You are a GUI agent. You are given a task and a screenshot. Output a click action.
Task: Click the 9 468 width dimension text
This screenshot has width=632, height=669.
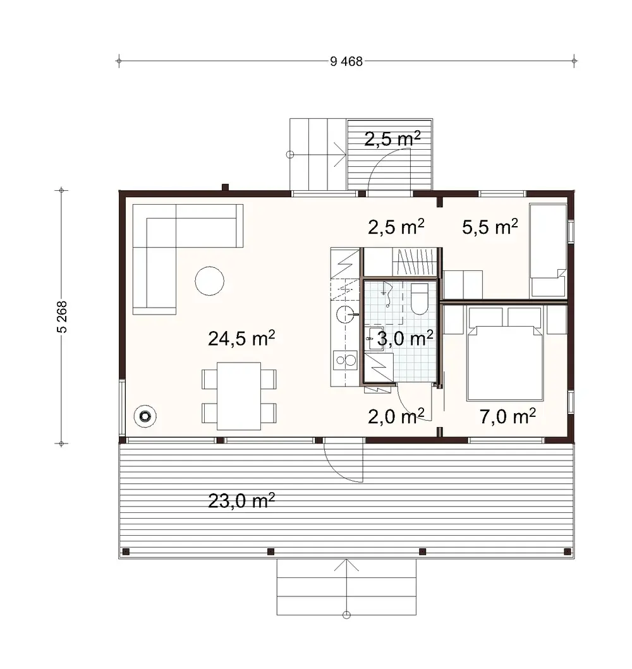point(346,61)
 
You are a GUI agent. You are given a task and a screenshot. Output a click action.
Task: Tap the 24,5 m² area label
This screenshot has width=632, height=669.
point(241,339)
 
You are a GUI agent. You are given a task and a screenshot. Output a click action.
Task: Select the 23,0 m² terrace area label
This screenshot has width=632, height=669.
point(241,502)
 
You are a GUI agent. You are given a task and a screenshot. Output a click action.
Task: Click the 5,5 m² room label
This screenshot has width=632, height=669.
point(490,228)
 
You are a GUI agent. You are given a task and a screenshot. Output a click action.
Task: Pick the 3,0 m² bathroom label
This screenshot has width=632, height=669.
point(404,339)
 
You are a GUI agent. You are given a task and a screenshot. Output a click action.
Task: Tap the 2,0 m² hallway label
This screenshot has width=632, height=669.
point(396,416)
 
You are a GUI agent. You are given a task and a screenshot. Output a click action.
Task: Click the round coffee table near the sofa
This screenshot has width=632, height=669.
point(209,280)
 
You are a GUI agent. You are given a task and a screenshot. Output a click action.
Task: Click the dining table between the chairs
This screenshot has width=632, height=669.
point(239,396)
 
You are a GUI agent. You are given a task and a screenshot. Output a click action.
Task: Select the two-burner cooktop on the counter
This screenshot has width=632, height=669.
point(345,360)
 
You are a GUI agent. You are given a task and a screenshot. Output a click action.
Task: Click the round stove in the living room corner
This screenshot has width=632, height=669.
point(146,416)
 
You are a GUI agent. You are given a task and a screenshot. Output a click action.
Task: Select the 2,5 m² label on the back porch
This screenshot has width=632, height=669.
point(393,140)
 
